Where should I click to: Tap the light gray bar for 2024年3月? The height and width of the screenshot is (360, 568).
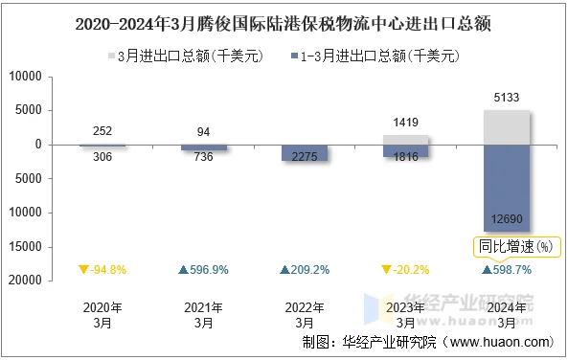pos(507,127)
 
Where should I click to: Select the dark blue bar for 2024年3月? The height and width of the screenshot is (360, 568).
pos(507,188)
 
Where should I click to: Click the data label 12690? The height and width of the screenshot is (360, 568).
pos(507,218)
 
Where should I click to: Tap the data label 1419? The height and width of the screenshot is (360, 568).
pos(406,123)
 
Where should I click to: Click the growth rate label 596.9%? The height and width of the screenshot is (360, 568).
pos(203,270)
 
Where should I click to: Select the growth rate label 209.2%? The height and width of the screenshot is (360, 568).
pos(305,270)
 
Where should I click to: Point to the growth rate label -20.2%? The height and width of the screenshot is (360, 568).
pos(406,270)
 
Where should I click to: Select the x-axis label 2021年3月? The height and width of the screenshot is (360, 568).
pos(203,315)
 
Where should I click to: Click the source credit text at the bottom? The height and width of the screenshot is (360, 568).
pos(427,342)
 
